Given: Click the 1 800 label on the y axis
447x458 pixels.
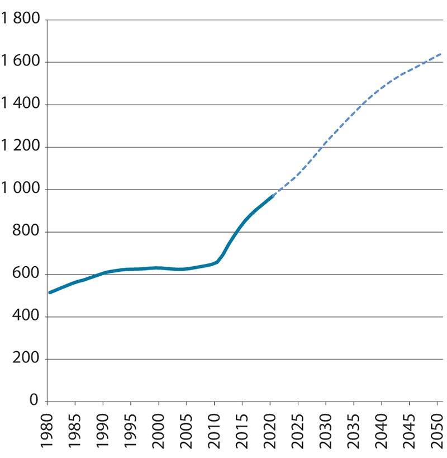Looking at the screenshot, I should coord(20,20).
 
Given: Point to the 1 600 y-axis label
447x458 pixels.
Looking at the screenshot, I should coord(20,63).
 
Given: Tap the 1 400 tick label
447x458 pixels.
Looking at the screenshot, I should coord(20,105).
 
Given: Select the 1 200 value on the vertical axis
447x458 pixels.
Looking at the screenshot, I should coord(20,148).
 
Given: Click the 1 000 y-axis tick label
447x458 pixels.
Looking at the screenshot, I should coord(20,190).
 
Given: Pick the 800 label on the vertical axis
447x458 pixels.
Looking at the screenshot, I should coord(26,233).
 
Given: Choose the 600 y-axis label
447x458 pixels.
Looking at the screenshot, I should coord(26,275).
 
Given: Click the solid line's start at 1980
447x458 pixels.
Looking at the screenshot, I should coord(50,292).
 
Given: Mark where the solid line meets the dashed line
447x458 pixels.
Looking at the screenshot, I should coord(272,196).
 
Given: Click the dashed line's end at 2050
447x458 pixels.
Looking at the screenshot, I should coord(440,54).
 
